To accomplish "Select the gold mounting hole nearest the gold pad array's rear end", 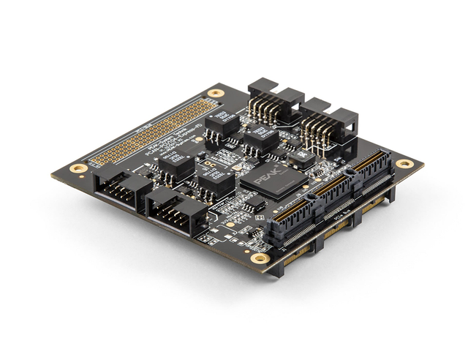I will click(x=215, y=93).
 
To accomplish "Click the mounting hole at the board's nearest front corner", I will click(x=259, y=258).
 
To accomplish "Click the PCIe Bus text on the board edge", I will click(x=342, y=218).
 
